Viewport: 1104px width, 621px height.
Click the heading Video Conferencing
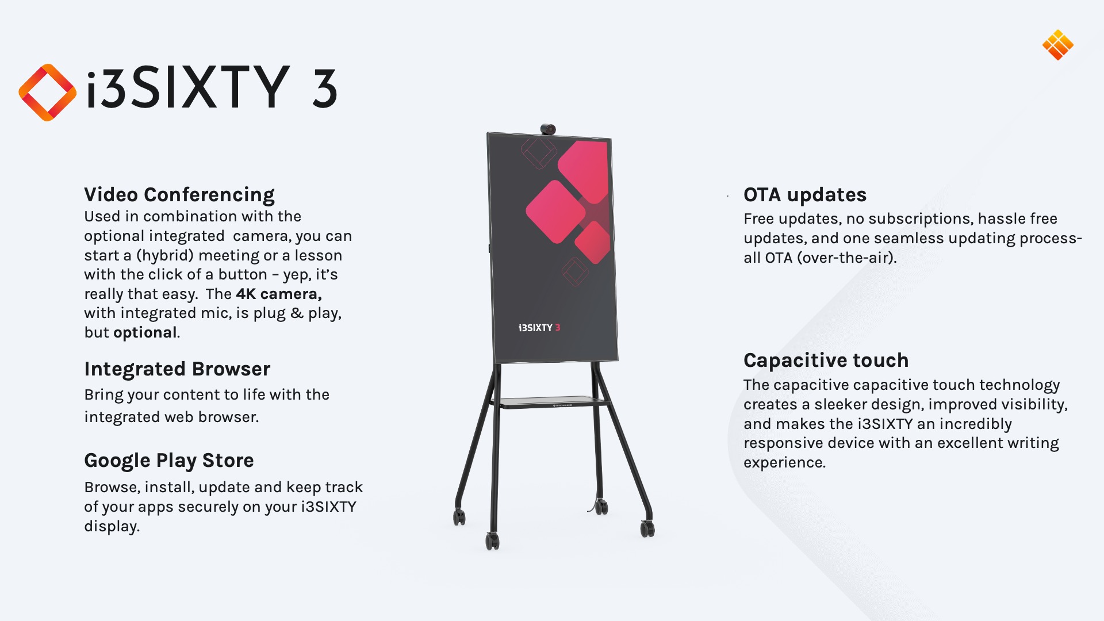click(179, 195)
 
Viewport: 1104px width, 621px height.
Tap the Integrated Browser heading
click(177, 369)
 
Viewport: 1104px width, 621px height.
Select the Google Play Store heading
click(169, 461)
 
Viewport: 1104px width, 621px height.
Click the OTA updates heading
click(805, 195)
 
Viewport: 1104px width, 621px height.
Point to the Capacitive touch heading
click(826, 361)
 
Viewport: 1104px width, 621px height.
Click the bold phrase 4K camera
click(279, 294)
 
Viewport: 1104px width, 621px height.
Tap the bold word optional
click(145, 333)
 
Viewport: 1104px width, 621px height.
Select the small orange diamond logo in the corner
click(1058, 45)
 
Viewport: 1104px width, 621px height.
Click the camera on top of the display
click(548, 129)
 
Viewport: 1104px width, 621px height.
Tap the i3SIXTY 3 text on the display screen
click(539, 328)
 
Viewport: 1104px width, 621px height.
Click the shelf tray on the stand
click(550, 402)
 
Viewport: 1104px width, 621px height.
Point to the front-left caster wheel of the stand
click(493, 541)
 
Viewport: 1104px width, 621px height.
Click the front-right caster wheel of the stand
click(648, 528)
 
